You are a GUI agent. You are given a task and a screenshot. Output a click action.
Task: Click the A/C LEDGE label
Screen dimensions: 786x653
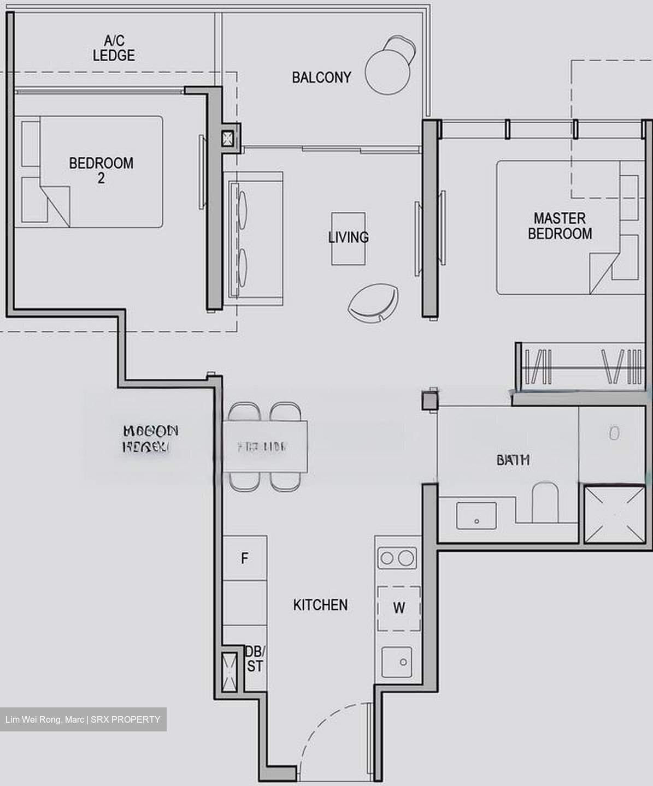114,48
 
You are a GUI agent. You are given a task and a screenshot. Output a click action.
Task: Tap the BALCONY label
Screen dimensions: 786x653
321,78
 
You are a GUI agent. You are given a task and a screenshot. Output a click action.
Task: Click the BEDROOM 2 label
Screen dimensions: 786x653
101,170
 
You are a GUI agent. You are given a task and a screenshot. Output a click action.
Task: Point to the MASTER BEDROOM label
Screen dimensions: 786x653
560,226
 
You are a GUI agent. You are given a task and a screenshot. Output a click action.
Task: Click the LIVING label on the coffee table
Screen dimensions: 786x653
348,237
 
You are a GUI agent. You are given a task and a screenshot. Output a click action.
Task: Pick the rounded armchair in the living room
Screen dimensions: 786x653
374,303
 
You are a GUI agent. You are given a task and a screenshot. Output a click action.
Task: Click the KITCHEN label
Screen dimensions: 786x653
320,605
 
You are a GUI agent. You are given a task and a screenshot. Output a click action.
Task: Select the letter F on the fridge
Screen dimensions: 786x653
245,558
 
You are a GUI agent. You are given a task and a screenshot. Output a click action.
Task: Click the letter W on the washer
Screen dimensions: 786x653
399,608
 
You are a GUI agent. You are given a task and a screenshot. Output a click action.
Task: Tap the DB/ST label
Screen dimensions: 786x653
255,659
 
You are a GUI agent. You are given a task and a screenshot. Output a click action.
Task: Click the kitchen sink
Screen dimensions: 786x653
398,662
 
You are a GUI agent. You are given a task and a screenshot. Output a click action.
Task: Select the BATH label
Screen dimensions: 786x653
513,460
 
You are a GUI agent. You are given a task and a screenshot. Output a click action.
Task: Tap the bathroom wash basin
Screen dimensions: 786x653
476,516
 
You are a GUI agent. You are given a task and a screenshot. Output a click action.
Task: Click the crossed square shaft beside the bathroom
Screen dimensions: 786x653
614,514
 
